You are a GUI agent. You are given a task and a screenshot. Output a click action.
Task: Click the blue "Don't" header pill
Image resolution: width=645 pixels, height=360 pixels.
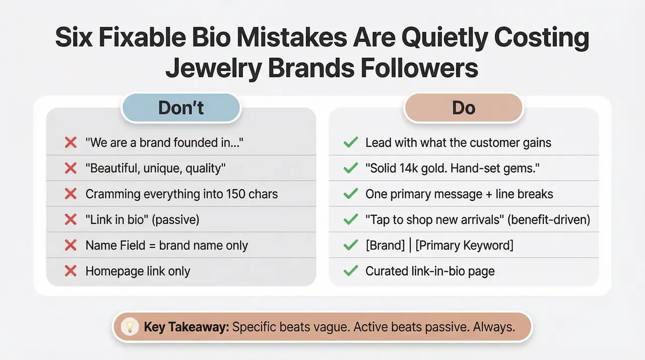click(181, 108)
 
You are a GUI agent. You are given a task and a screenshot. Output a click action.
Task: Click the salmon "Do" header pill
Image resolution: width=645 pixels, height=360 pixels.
click(464, 108)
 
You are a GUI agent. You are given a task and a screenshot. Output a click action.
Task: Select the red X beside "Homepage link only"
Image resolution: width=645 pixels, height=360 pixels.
click(71, 271)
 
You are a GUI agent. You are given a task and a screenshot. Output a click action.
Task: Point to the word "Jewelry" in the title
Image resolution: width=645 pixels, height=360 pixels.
click(214, 68)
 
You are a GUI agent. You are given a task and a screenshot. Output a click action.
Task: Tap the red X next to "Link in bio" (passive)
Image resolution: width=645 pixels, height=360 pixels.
click(71, 220)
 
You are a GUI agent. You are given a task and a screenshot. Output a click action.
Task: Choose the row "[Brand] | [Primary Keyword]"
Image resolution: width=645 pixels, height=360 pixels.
click(439, 246)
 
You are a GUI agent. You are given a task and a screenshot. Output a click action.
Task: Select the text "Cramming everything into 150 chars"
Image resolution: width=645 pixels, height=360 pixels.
click(181, 194)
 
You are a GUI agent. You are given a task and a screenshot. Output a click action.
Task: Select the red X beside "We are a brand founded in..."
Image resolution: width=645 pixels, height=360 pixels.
click(71, 143)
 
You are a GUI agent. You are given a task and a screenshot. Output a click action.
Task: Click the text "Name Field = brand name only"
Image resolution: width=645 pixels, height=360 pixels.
click(166, 246)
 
